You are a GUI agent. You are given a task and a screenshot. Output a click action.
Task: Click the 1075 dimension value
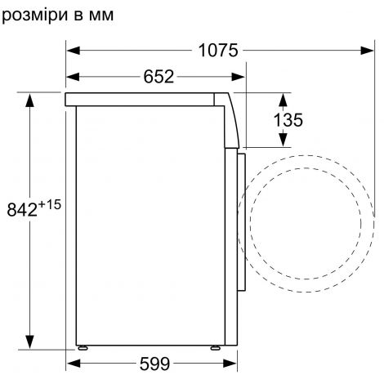click(218, 51)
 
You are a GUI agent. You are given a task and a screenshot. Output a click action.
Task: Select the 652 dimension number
click(159, 77)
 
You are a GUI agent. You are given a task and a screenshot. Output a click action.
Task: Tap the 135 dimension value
click(288, 120)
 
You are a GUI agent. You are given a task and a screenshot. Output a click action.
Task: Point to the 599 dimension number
click(154, 364)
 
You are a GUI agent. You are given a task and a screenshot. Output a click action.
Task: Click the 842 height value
click(22, 210)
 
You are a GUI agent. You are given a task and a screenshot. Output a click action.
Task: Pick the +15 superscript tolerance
click(50, 204)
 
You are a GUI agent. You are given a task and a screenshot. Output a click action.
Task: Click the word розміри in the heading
click(34, 16)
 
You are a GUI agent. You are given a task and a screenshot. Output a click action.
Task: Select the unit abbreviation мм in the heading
click(101, 16)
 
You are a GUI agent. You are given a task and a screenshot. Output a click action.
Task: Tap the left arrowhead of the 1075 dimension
click(74, 51)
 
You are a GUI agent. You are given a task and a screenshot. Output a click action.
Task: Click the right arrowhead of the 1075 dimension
click(367, 51)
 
